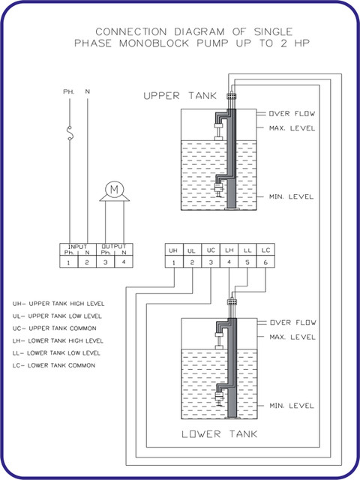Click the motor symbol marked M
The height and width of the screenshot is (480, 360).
[x=114, y=190]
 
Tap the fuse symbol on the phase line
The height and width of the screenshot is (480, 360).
[x=70, y=133]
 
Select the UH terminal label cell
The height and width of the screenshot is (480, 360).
[x=174, y=250]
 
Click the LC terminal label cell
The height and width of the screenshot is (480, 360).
[x=265, y=250]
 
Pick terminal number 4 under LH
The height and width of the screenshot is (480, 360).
[x=229, y=262]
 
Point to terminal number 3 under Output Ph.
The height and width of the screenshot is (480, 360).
[x=105, y=262]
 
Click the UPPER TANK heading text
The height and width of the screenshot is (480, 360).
[x=180, y=96]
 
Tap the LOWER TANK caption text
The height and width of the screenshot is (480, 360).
[x=220, y=434]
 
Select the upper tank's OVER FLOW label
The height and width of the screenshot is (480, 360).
[x=292, y=113]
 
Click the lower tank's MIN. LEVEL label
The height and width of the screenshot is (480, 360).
[x=292, y=406]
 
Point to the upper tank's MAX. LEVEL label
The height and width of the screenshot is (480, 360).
[x=292, y=128]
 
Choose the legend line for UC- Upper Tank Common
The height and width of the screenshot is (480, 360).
[x=55, y=328]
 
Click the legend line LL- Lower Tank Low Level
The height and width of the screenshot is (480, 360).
[x=56, y=353]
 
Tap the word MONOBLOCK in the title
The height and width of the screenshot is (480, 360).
[x=154, y=43]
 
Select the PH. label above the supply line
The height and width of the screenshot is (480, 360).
[x=68, y=91]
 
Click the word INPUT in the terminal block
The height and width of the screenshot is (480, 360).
[x=78, y=247]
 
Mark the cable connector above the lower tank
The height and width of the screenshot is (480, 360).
[x=232, y=302]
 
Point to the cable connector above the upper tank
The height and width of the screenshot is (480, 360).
[x=232, y=96]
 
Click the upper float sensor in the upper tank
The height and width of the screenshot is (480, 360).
[x=219, y=130]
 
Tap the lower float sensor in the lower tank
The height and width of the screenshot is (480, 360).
[x=218, y=399]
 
